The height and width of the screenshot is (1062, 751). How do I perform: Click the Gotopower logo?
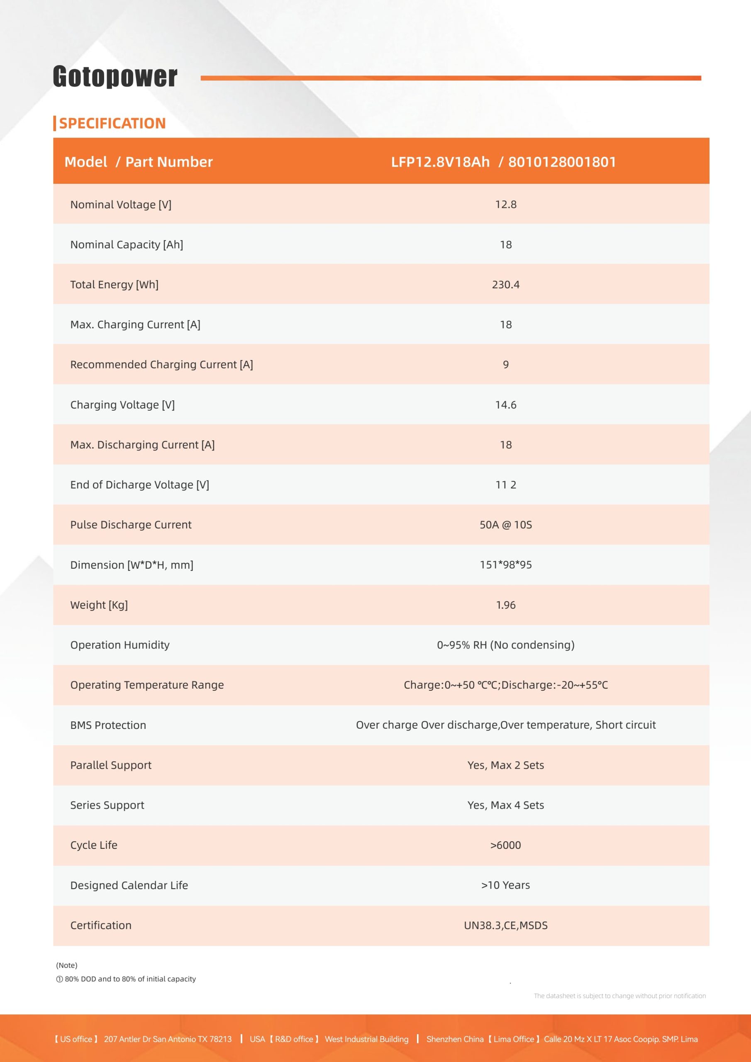(x=115, y=76)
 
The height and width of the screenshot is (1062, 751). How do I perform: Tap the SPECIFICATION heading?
(x=112, y=124)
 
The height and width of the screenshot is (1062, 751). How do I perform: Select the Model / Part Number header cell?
(x=138, y=162)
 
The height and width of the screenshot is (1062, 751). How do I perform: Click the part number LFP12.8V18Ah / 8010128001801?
(x=503, y=162)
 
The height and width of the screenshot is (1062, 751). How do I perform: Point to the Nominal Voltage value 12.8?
(x=505, y=205)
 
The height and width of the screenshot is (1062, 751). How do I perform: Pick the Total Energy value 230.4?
(x=505, y=285)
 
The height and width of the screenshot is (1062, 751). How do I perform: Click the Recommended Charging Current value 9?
(x=505, y=365)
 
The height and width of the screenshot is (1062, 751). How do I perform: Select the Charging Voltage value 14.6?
(x=505, y=405)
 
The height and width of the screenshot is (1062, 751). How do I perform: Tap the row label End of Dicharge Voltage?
(x=139, y=485)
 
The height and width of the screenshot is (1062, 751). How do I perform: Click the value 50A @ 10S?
(x=505, y=524)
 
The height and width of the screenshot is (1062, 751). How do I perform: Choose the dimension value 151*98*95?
(x=505, y=565)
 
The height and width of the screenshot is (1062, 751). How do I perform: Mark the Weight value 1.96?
(x=505, y=605)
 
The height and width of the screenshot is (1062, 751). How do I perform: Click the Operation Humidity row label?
(x=120, y=645)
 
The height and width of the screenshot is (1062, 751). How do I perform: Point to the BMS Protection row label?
(x=108, y=725)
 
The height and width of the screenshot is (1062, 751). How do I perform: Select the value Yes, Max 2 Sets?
(x=505, y=765)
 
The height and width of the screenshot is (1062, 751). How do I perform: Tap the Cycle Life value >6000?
(x=505, y=845)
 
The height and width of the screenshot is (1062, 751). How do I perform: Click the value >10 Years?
(x=505, y=885)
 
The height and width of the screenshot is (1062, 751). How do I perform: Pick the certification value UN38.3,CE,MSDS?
(x=505, y=925)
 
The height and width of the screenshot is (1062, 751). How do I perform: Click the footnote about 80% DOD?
(x=126, y=979)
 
